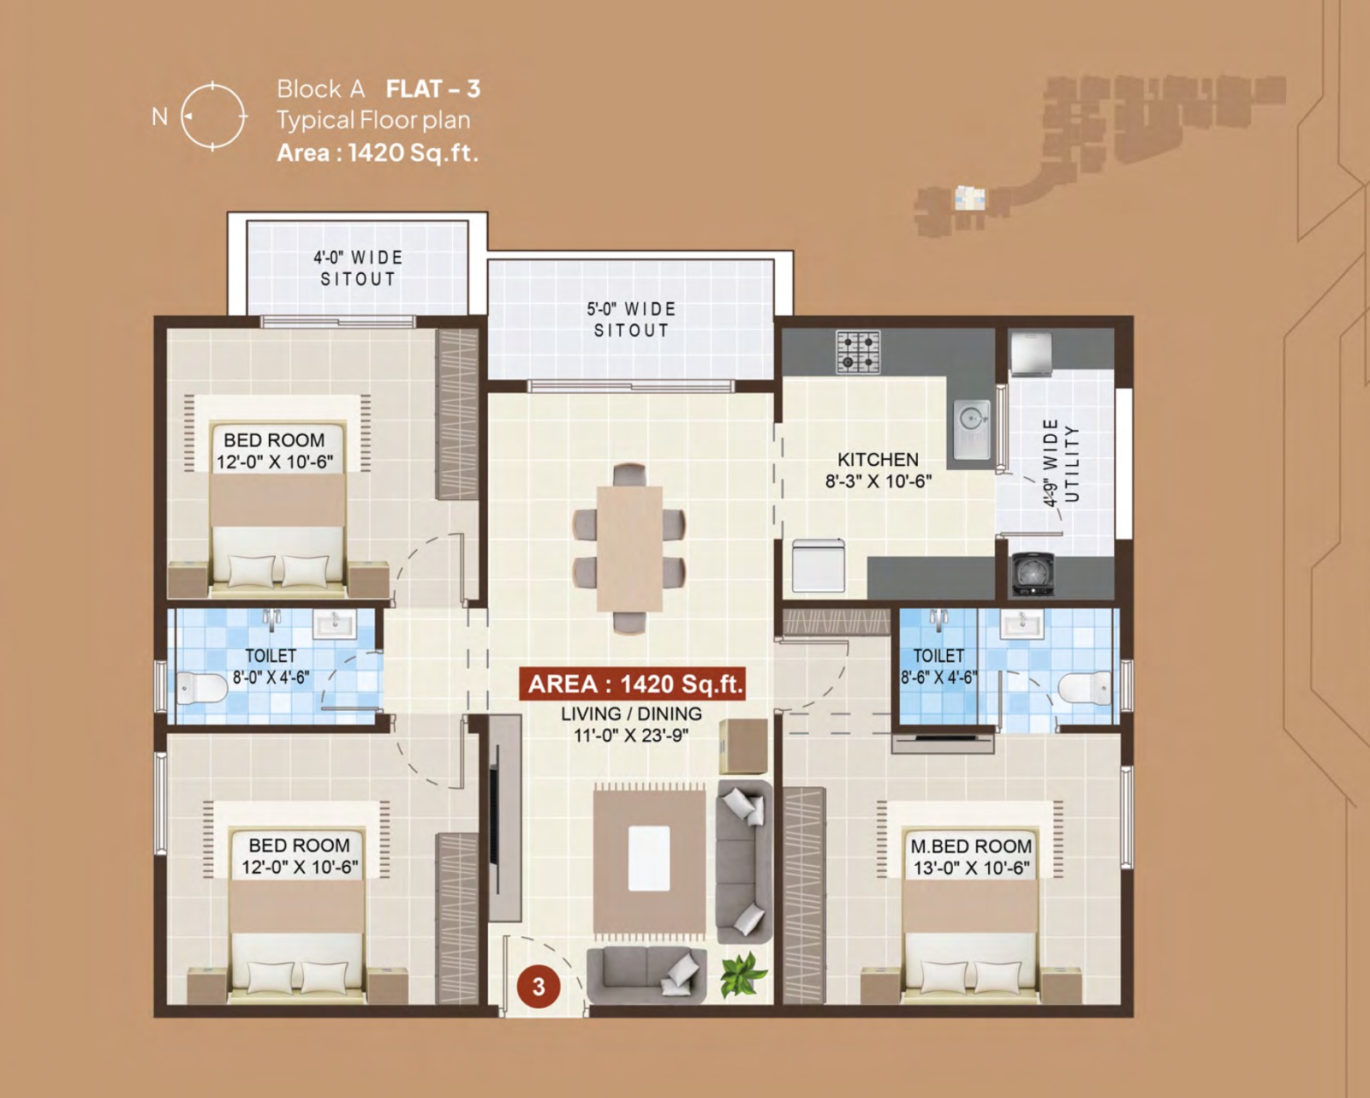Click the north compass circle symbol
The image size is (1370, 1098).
[x=212, y=85]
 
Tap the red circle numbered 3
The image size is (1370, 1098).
[x=539, y=987]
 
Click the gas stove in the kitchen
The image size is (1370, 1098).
[x=858, y=351]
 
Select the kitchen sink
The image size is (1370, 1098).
[x=972, y=428]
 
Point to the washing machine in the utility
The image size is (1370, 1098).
[x=1033, y=575]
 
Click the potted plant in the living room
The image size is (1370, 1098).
[x=743, y=975]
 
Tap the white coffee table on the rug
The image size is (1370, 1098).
[x=649, y=858]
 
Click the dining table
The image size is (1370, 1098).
[x=629, y=548]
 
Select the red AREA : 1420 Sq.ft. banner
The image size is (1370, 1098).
[x=632, y=683]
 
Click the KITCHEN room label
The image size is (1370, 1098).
[x=878, y=459]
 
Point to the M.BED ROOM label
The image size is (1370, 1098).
[x=971, y=846]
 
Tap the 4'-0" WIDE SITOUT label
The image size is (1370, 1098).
[x=358, y=268]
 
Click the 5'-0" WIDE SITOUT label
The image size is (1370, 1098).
[x=631, y=319]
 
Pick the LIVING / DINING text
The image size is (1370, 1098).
[x=632, y=714]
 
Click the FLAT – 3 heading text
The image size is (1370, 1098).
[x=433, y=88]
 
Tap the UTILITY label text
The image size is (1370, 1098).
[x=1072, y=463]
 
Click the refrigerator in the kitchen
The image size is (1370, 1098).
[x=819, y=566]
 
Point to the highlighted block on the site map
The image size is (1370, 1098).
[x=969, y=198]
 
